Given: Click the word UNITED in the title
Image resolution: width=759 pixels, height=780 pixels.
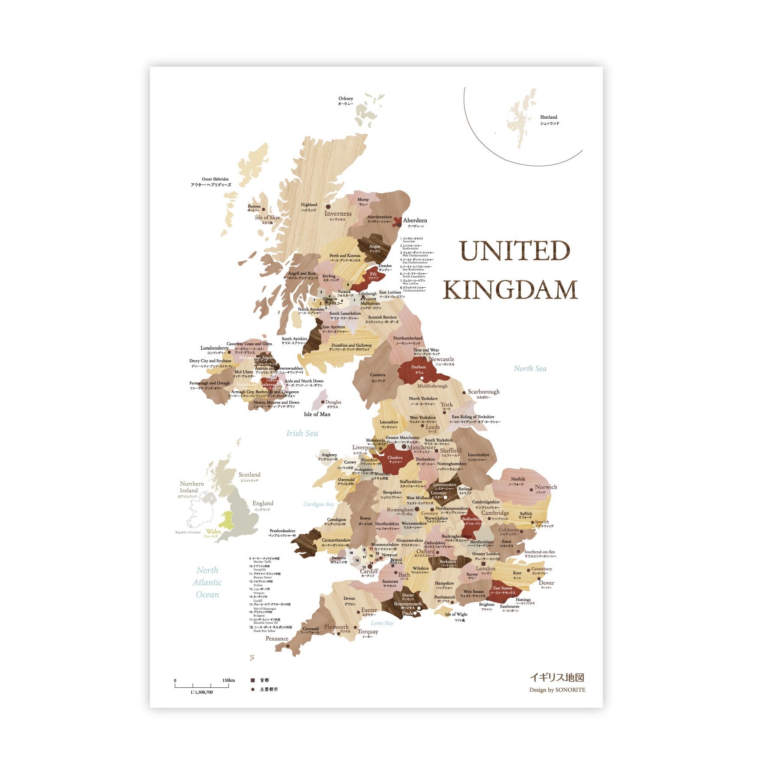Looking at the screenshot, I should click(x=514, y=251).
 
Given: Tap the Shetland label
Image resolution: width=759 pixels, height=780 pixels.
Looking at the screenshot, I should click(x=549, y=117).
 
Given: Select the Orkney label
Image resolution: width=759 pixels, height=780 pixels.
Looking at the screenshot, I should click(x=346, y=99).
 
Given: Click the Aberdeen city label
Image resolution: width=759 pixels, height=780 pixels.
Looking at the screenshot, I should click(x=415, y=221).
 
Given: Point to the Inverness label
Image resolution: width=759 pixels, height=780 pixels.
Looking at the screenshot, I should click(x=338, y=214).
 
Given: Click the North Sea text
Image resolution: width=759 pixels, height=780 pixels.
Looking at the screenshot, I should click(x=530, y=369).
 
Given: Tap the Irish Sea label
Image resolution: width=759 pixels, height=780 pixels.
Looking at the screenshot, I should click(x=302, y=433).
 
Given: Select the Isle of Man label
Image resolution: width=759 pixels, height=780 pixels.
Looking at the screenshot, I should click(x=317, y=415).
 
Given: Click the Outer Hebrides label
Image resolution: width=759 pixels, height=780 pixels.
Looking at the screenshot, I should click(x=215, y=179).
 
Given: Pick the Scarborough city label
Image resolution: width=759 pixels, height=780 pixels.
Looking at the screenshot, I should click(x=484, y=392).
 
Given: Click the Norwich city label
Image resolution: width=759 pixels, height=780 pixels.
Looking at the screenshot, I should click(x=546, y=487).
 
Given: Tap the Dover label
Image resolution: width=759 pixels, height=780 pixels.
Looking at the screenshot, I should click(x=546, y=583).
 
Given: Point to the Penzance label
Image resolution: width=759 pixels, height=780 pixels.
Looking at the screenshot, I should click(x=277, y=639).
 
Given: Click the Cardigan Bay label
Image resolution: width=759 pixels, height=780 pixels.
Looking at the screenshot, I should click(x=319, y=504).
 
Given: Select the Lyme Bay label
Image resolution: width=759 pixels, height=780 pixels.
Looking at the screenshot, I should click(x=382, y=624).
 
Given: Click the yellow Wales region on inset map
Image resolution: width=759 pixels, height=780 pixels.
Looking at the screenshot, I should click(x=227, y=519).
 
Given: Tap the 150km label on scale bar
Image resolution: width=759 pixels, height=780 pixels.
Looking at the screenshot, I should click(x=229, y=680).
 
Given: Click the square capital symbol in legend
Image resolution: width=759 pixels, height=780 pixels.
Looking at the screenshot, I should click(x=253, y=680).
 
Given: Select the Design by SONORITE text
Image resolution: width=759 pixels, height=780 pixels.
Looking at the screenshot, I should click(x=557, y=690).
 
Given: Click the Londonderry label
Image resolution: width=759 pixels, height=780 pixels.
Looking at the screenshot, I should click(x=214, y=348).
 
